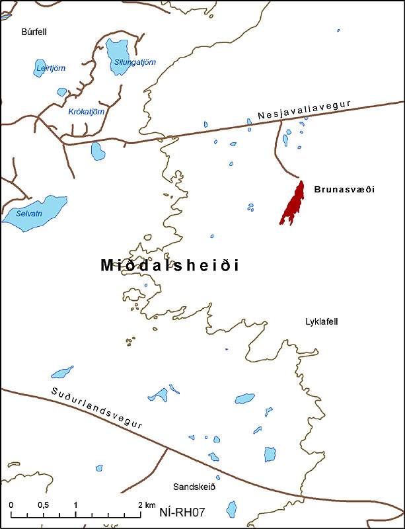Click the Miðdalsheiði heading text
tap(170, 265)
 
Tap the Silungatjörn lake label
tap(135, 62)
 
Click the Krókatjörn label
tap(87, 112)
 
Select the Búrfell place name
tap(34, 31)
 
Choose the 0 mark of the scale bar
tap(11, 505)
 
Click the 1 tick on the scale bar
tap(75, 505)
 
